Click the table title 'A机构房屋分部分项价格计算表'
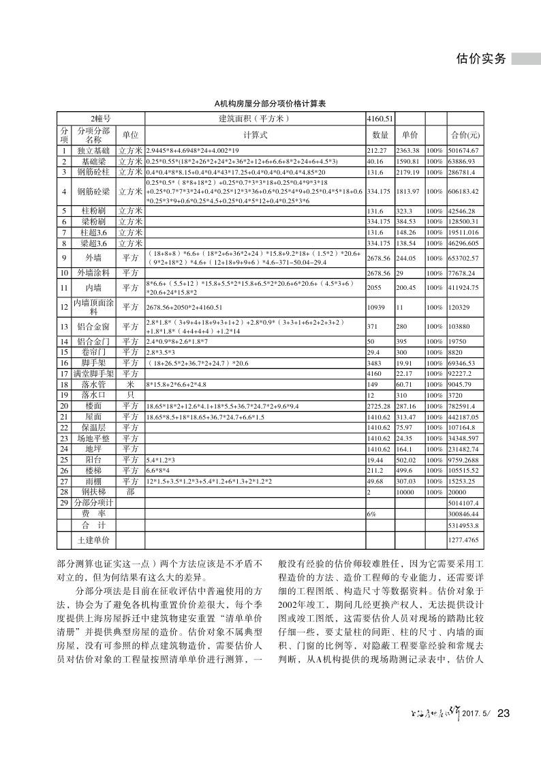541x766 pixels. coord(270,104)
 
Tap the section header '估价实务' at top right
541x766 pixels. coord(481,59)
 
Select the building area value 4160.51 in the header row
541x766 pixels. coord(380,118)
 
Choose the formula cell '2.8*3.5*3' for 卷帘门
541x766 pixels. coord(161,352)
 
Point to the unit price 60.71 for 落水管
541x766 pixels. coord(405,385)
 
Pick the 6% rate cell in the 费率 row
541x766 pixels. coord(371,513)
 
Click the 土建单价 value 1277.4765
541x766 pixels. coord(463,540)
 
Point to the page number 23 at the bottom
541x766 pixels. coord(504,713)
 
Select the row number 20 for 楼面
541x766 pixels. coord(63,406)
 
